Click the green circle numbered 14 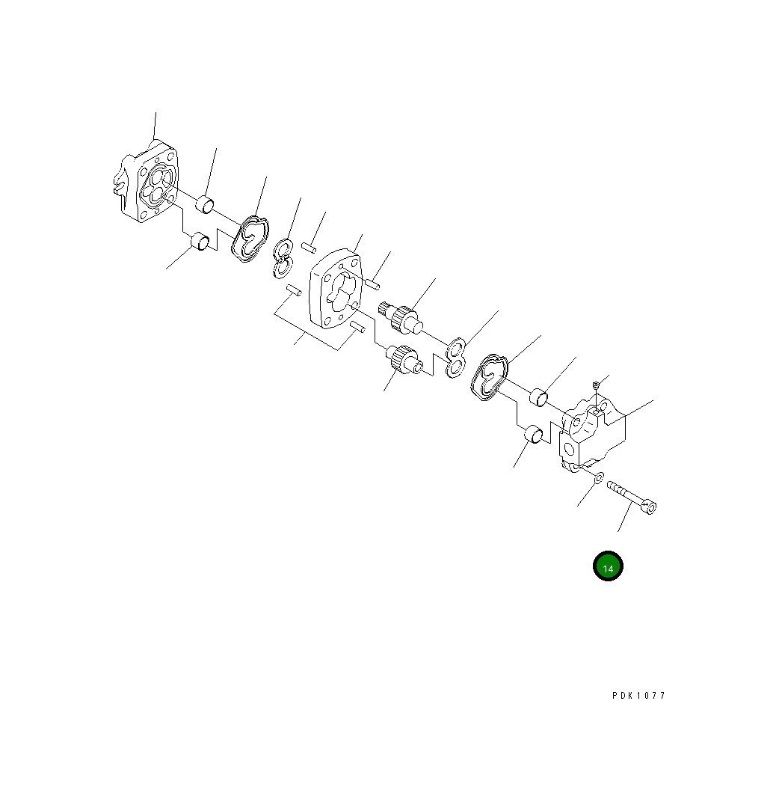point(608,566)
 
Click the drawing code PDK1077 point(638,696)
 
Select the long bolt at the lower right point(632,497)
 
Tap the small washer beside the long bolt point(598,477)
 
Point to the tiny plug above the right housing point(596,385)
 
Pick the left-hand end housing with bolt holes point(147,182)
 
